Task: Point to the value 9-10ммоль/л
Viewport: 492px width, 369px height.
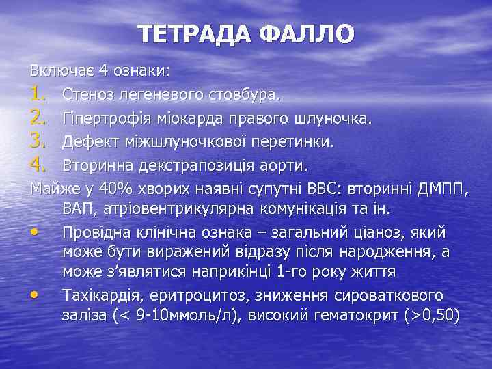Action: (x=173, y=316)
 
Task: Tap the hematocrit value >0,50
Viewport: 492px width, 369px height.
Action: (x=430, y=316)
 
